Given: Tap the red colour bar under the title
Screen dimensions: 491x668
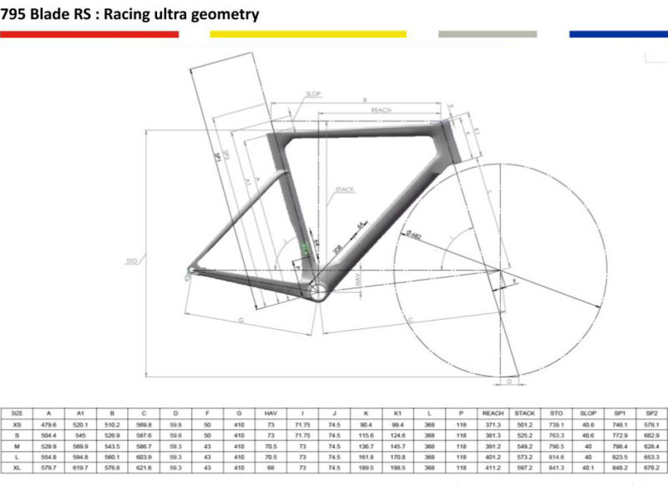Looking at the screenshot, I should (89, 34).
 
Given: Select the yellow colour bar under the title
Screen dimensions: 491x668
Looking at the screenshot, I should (307, 34).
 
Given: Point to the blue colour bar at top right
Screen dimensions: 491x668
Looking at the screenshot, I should (618, 34).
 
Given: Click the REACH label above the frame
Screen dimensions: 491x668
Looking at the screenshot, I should (382, 110).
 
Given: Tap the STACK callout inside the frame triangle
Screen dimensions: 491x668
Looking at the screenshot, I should (344, 190).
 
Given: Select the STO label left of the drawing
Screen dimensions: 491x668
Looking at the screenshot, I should (131, 261).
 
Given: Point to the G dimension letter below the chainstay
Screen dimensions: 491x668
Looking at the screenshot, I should (240, 320).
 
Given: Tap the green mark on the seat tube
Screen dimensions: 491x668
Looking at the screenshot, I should (306, 247).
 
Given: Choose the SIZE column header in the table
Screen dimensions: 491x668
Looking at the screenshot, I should (17, 413).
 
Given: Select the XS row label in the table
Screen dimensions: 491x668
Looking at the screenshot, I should (17, 424).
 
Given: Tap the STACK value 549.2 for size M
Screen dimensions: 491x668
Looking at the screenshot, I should (525, 447).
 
